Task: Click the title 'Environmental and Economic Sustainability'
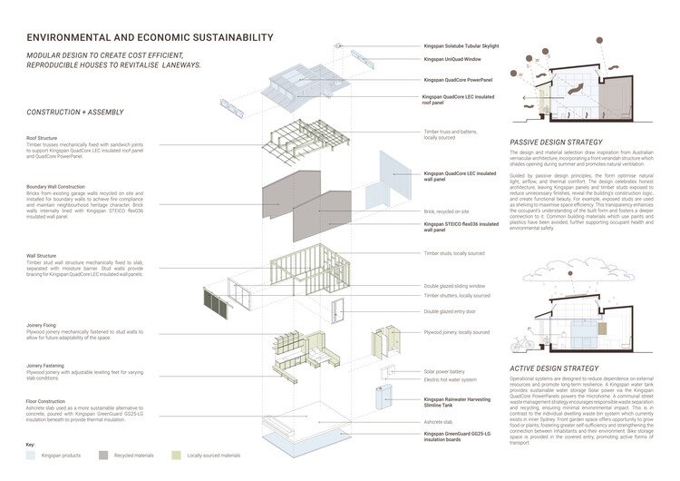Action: [150, 38]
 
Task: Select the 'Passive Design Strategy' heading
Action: [556, 142]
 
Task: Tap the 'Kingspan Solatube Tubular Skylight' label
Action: [461, 44]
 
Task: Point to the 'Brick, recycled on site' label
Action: [444, 210]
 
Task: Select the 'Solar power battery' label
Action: [444, 371]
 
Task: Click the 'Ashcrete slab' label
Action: [437, 422]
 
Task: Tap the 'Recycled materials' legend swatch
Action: [103, 454]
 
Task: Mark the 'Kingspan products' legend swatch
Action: [33, 454]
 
